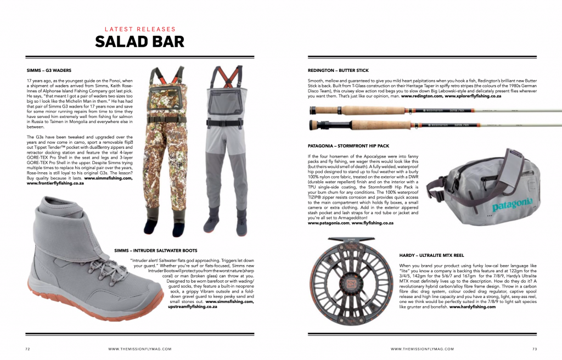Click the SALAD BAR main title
[139, 42]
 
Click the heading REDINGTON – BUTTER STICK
[338, 70]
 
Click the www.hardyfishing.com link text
[473, 307]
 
